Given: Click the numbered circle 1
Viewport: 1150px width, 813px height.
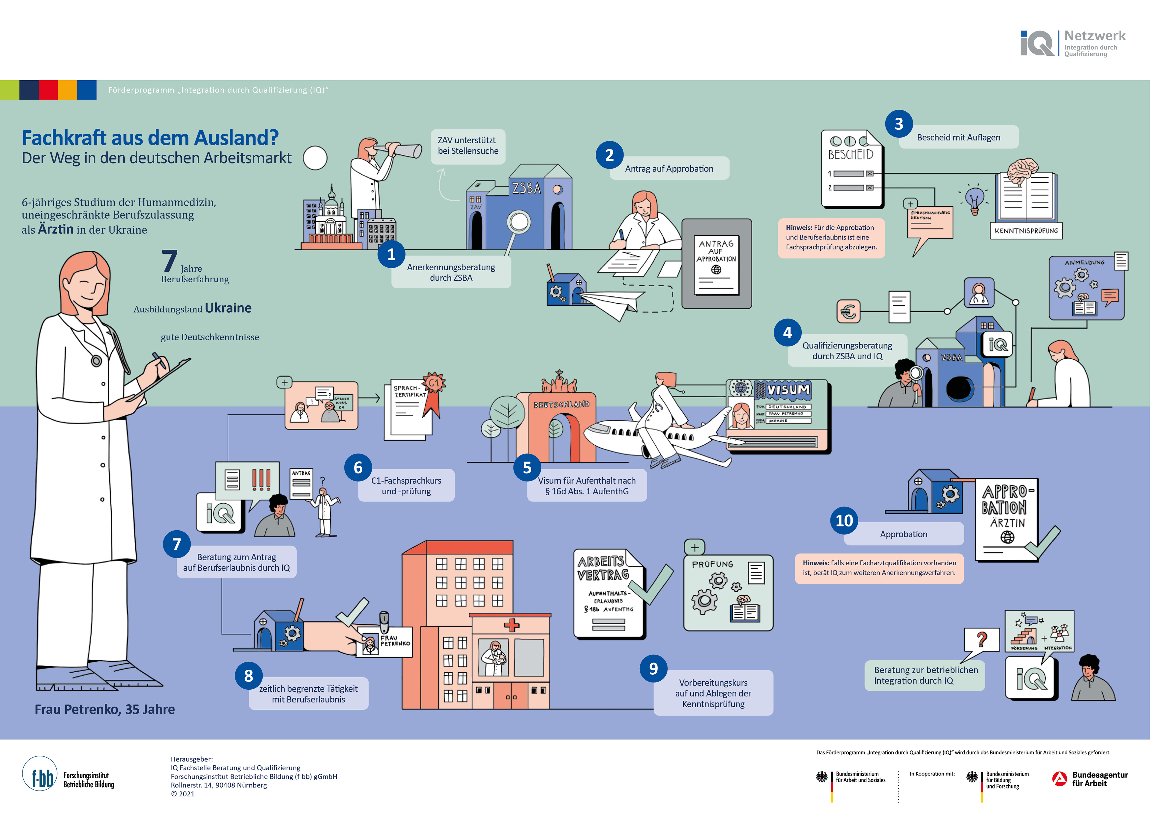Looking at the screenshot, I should click(391, 255).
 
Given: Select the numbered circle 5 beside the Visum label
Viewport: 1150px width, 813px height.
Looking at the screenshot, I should click(527, 468).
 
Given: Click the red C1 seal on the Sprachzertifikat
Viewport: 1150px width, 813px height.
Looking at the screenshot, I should click(434, 383).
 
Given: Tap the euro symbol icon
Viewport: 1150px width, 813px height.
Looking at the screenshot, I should click(848, 311).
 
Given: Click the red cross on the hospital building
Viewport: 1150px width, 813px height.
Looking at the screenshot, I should click(512, 625).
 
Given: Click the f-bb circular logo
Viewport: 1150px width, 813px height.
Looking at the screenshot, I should click(40, 774).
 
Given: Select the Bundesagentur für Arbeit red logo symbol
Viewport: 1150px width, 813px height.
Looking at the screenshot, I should click(1059, 779).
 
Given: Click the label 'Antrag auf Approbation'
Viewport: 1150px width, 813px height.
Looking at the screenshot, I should click(669, 169).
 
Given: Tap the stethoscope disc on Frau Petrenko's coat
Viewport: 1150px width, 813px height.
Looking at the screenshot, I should click(96, 360).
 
